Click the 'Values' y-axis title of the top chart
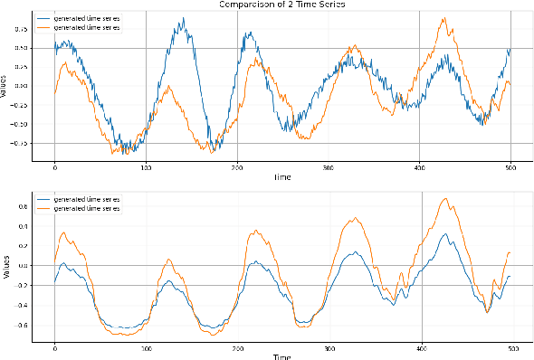(x=5, y=87)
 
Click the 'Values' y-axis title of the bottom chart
(x=5, y=268)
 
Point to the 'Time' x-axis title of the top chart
(x=282, y=178)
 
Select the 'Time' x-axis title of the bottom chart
(x=282, y=356)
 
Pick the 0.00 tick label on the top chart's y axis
(x=21, y=86)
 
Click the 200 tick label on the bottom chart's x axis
(x=237, y=348)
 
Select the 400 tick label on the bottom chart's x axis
(x=422, y=348)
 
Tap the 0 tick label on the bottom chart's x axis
(x=54, y=348)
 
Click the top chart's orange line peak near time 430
(x=443, y=17)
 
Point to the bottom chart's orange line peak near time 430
(x=444, y=198)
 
